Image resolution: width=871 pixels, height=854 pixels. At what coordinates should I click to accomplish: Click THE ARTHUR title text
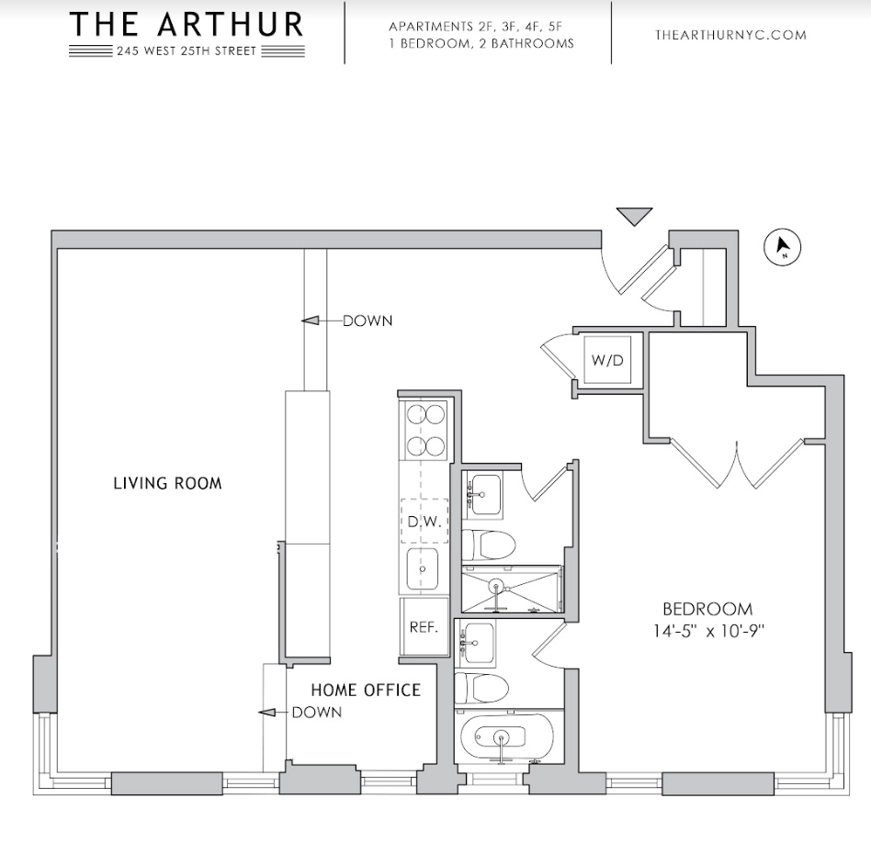point(187,25)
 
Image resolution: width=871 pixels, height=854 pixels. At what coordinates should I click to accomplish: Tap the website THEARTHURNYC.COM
point(730,35)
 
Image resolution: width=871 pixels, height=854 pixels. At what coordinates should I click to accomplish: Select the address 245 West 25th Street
point(187,51)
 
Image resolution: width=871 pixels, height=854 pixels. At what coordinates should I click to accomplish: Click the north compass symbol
point(783,246)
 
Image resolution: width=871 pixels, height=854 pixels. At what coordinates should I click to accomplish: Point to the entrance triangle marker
point(634,217)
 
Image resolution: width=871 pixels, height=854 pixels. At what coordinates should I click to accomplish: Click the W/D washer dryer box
point(606,360)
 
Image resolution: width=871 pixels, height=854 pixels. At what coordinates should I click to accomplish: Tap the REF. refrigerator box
point(423,628)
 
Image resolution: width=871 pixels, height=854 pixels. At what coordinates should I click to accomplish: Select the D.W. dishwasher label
point(424,522)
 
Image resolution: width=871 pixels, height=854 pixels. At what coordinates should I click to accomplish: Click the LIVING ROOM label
point(167,483)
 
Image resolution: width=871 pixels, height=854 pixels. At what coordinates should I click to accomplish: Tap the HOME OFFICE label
point(365,691)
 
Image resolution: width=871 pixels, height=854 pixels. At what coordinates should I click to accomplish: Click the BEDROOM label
point(707,609)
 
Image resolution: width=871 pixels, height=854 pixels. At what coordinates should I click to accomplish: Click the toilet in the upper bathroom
point(487,545)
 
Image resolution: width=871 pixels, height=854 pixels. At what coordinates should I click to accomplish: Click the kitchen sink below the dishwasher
point(423,569)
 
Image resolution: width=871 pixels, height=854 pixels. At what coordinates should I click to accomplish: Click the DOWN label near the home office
point(316,713)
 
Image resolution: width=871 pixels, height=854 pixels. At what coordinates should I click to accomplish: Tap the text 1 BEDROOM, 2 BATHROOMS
point(481,43)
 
